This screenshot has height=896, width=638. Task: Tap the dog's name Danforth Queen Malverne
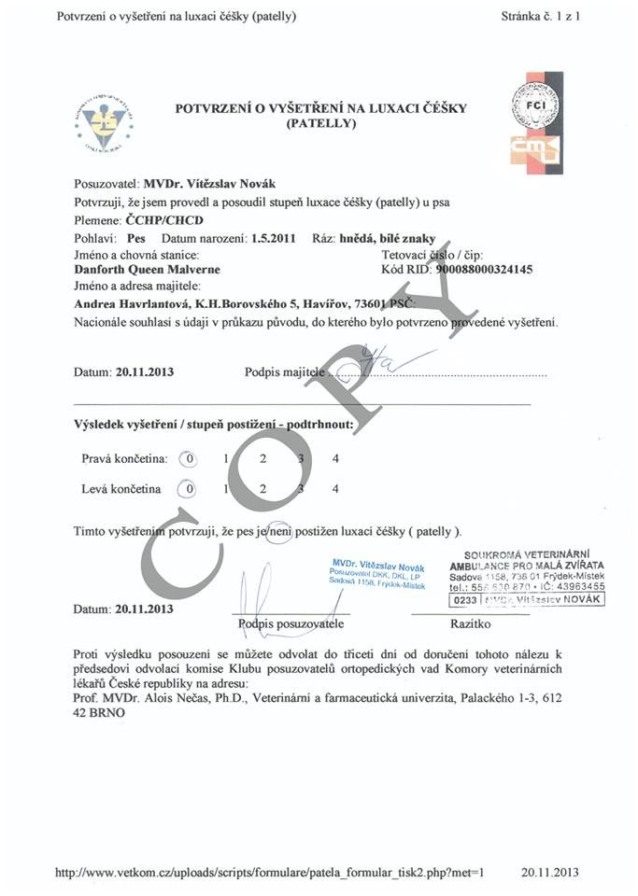pos(147,270)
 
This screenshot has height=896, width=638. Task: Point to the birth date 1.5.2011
pos(274,238)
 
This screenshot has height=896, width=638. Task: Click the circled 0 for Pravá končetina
pos(190,458)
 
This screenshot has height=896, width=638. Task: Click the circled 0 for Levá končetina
pos(190,488)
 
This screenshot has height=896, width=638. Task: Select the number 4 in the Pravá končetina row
pos(335,458)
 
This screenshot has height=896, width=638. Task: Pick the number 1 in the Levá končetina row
pos(225,488)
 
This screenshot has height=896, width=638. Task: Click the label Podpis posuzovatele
pos(291,623)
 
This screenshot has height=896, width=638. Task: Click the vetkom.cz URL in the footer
pos(270,873)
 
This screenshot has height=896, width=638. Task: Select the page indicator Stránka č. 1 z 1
pos(540,17)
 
